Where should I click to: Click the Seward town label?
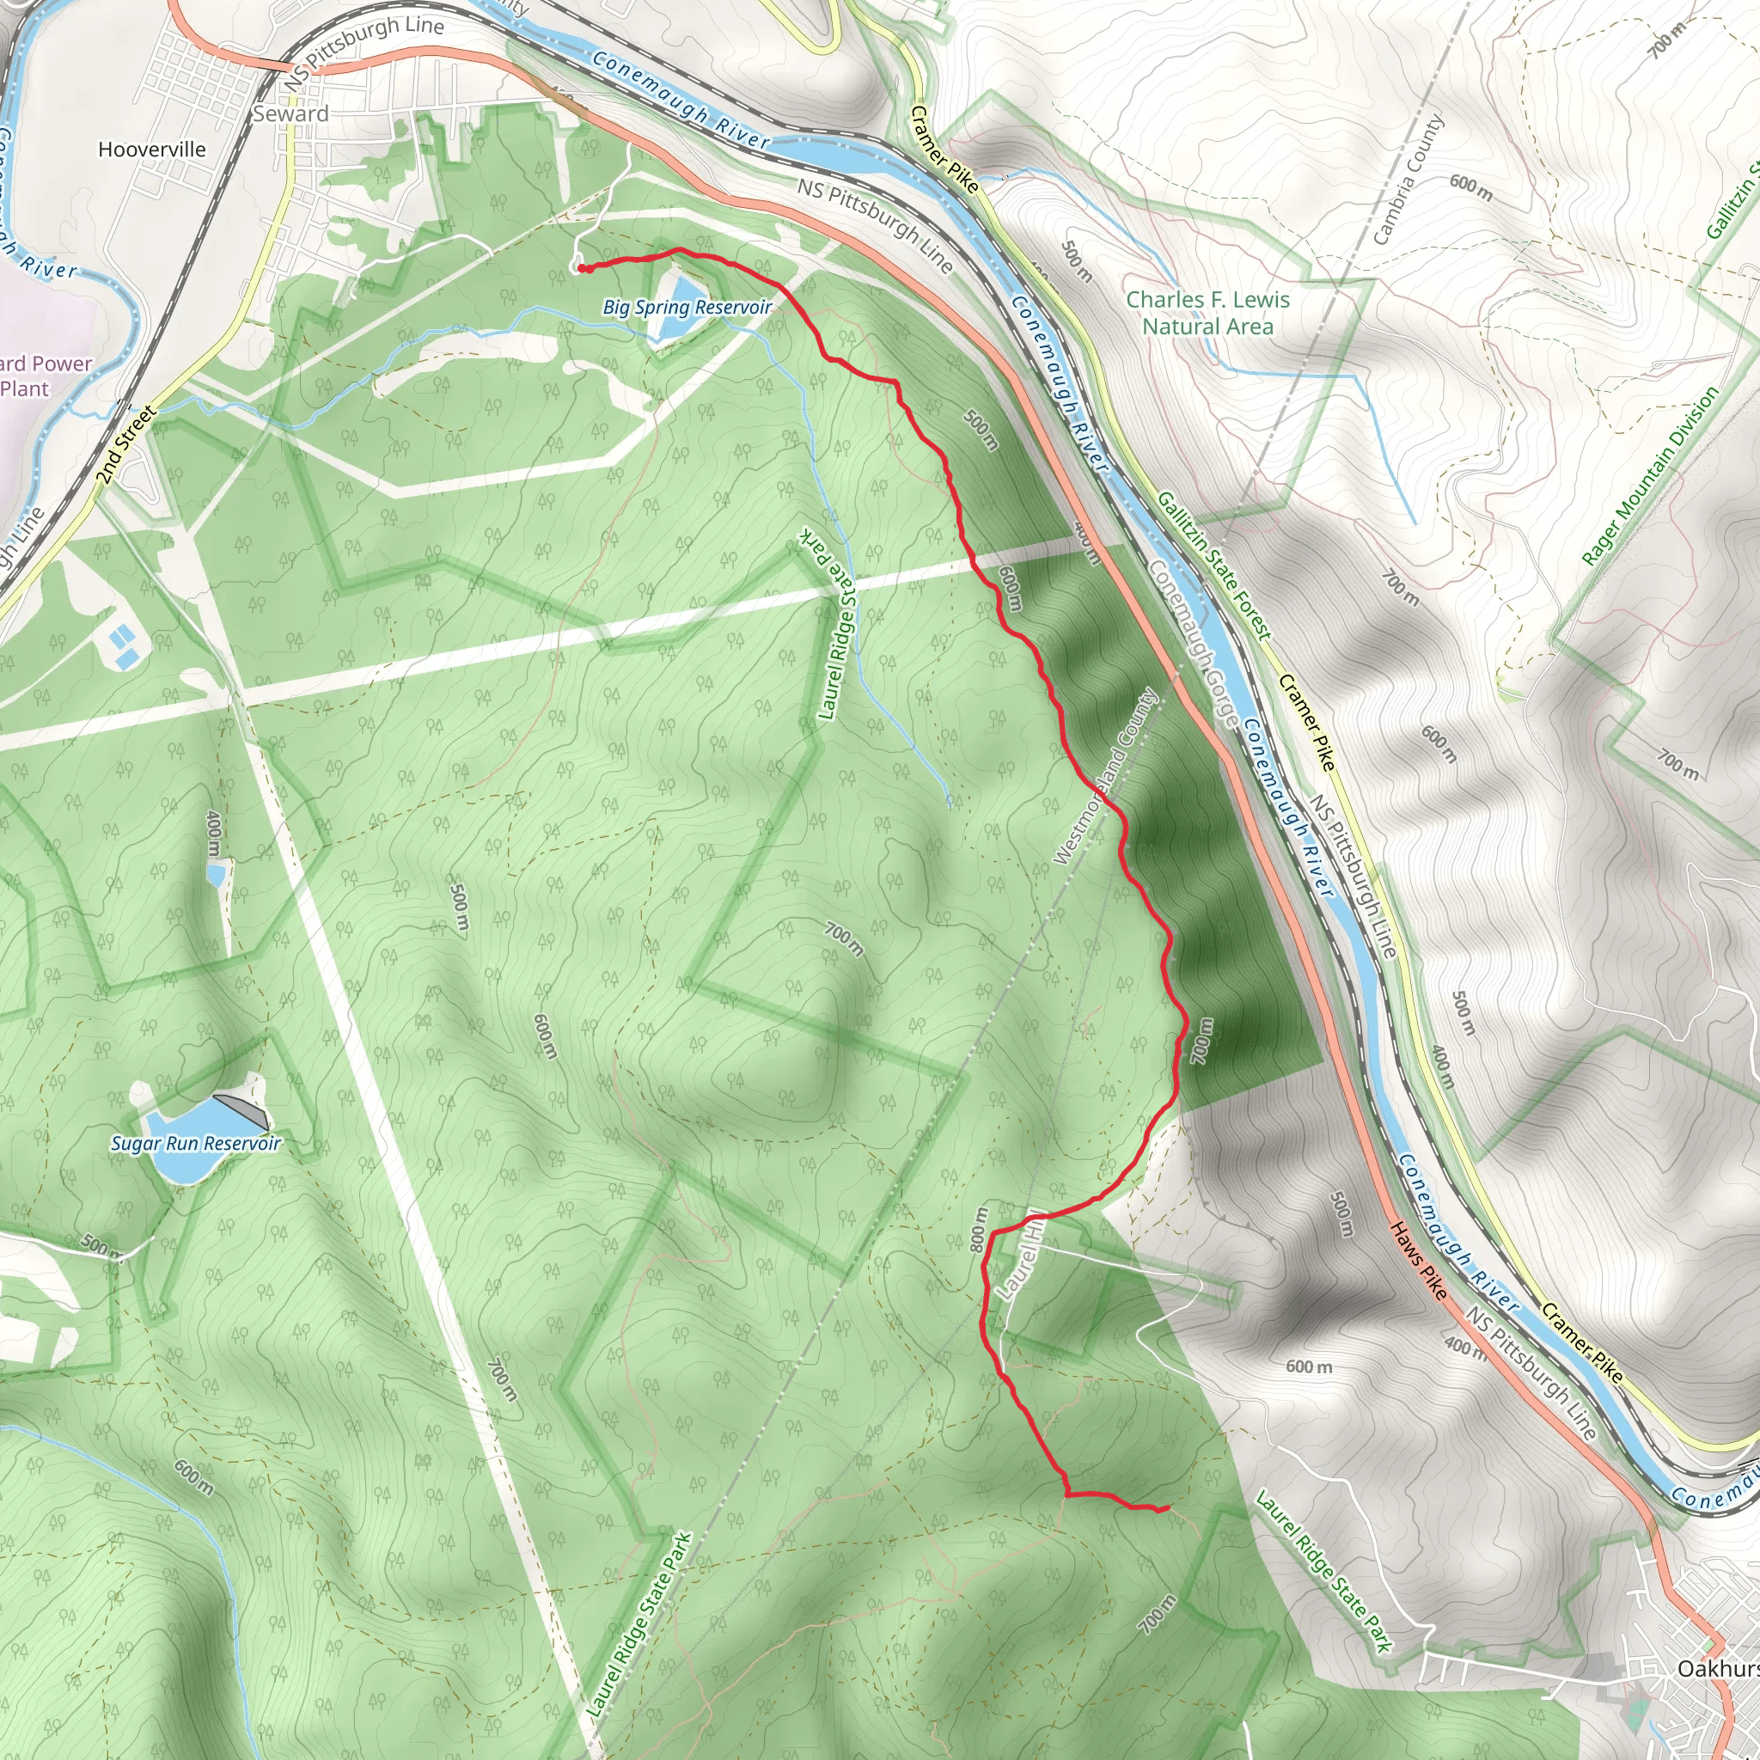click(x=290, y=114)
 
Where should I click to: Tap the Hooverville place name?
click(x=152, y=150)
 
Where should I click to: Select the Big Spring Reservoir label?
click(x=687, y=308)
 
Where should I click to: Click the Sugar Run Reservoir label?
click(x=196, y=1143)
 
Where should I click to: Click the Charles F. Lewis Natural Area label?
click(x=1207, y=313)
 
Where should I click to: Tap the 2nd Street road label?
click(x=125, y=445)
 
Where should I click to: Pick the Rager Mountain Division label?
click(x=1650, y=476)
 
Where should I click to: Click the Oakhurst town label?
click(x=1718, y=1668)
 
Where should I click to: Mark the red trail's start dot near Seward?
click(x=582, y=268)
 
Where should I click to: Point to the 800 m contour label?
click(x=978, y=1230)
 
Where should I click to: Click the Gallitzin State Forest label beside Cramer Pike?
click(x=1213, y=565)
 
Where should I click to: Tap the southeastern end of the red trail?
click(x=1167, y=1509)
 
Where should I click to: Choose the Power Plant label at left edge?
click(x=41, y=376)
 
